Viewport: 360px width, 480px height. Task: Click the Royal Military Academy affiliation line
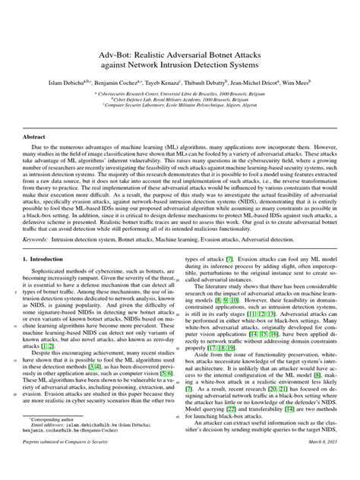click(x=179, y=98)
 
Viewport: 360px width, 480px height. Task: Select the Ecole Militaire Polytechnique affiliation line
click(x=179, y=105)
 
